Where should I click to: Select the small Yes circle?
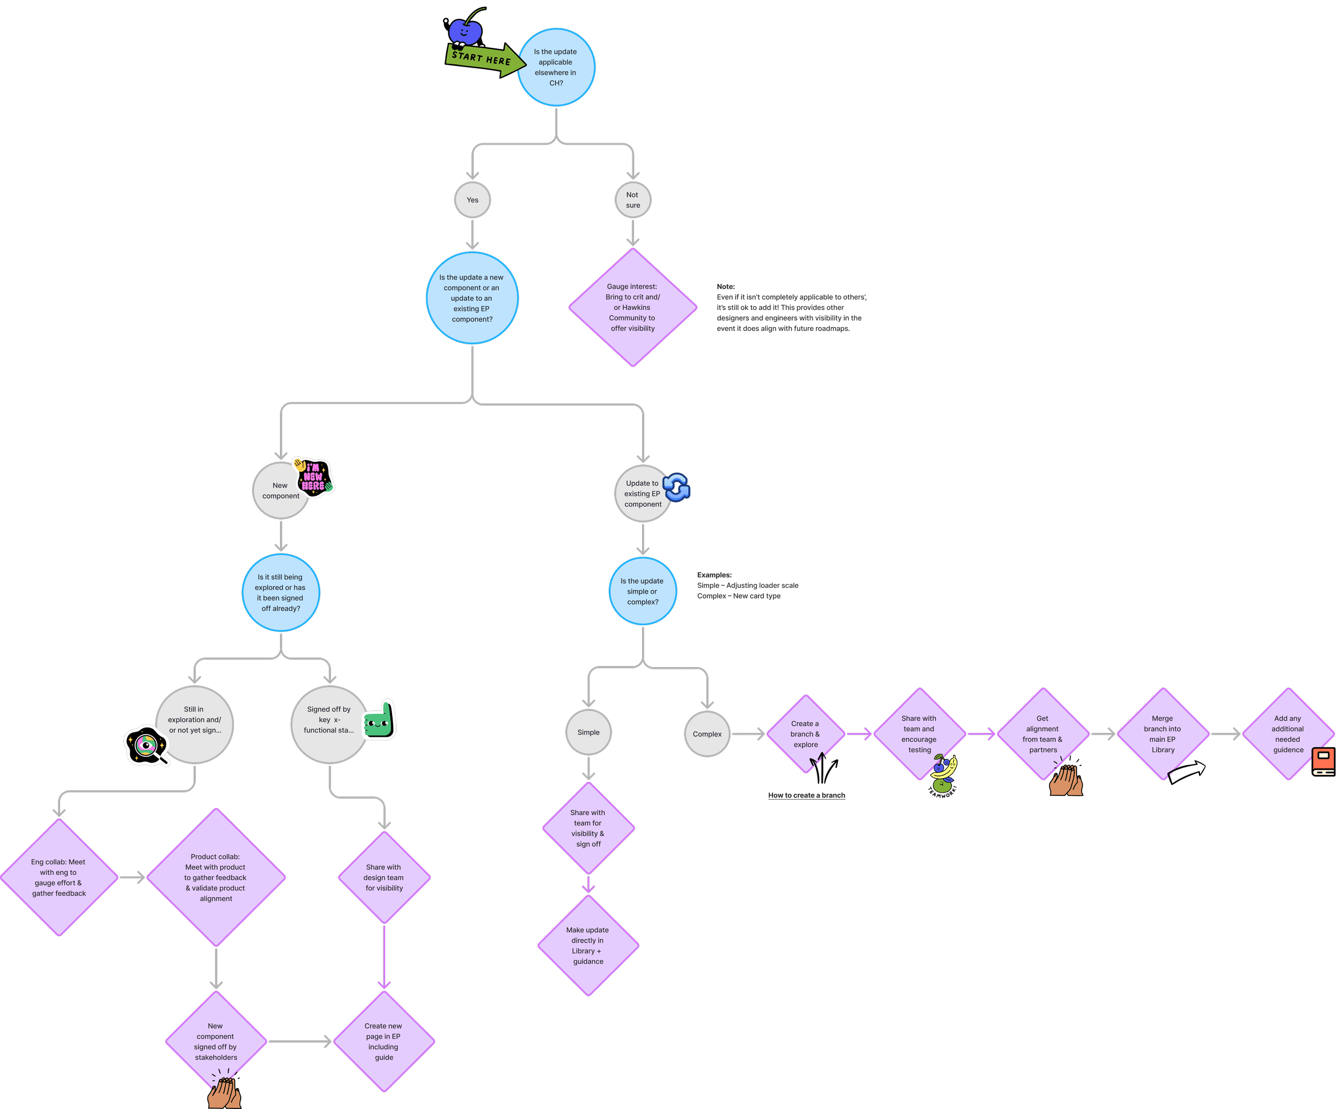click(x=472, y=200)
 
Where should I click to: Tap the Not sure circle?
click(x=632, y=200)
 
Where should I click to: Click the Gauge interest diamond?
click(x=632, y=307)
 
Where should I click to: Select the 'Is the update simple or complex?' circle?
click(x=643, y=591)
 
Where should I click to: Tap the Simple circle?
click(x=588, y=733)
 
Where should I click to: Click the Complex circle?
click(x=707, y=734)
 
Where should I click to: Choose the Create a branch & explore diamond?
click(x=805, y=734)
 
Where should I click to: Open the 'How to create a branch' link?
click(x=807, y=795)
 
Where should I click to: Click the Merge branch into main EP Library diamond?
click(x=1162, y=734)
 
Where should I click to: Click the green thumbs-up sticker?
click(x=380, y=721)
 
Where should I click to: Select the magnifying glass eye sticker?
click(x=147, y=746)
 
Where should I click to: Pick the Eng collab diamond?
click(x=59, y=877)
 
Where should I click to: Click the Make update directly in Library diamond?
click(x=587, y=945)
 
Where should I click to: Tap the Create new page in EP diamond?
click(x=383, y=1041)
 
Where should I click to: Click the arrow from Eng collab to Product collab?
click(x=132, y=877)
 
